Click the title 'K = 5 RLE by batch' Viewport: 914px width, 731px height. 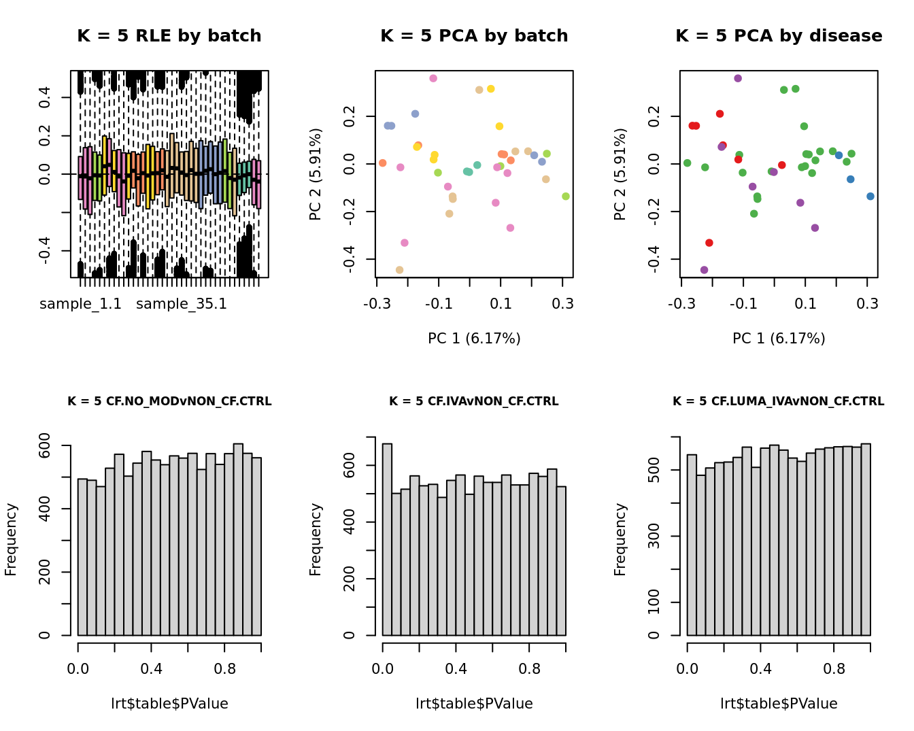169,36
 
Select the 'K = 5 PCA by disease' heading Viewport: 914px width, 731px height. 779,36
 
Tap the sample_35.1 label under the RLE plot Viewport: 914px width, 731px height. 182,304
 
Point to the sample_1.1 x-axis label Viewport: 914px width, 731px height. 80,304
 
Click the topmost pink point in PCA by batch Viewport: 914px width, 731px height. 433,79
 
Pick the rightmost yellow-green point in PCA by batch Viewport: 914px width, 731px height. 566,197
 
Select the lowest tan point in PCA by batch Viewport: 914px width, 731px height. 399,270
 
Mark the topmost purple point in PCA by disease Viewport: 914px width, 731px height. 738,79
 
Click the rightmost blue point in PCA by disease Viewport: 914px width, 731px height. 870,197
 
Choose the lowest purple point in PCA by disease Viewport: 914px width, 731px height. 704,270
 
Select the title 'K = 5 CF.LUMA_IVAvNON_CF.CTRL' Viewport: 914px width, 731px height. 779,402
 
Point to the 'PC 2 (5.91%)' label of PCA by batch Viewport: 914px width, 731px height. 316,174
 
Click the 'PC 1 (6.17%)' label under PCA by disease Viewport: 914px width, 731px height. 779,339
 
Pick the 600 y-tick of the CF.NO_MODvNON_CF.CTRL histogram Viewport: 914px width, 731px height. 45,446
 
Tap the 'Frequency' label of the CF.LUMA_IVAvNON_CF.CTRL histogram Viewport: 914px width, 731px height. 620,539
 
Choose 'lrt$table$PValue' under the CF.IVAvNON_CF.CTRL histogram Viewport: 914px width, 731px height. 474,704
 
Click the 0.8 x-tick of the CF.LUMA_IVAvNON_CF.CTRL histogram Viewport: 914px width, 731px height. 834,669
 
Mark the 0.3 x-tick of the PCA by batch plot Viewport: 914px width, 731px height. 562,304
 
